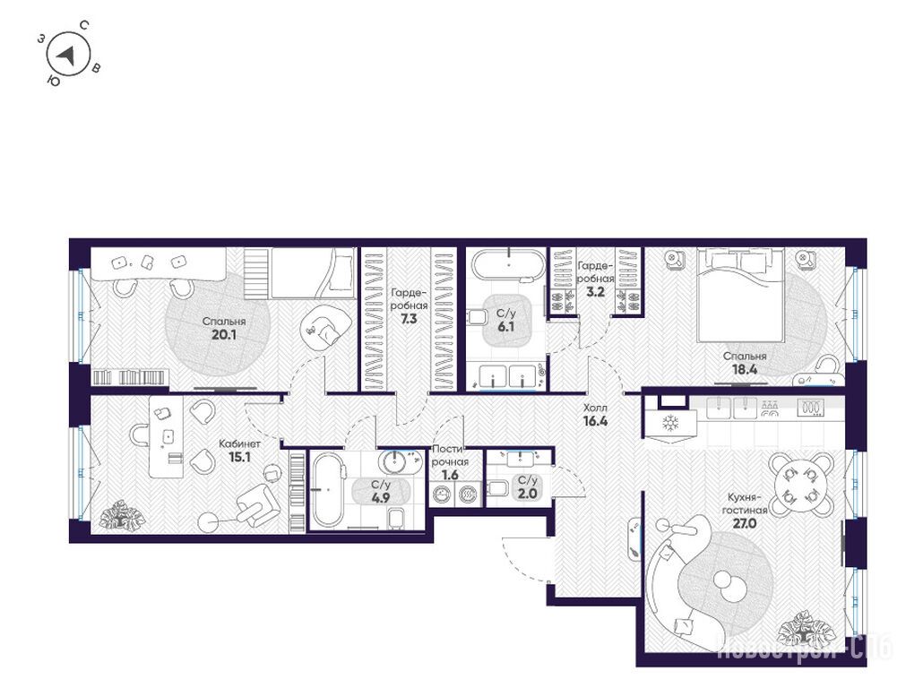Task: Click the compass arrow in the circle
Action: [67, 56]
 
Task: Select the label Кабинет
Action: [239, 443]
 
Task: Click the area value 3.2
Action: [595, 292]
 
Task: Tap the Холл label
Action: [595, 408]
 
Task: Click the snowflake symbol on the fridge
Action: [670, 423]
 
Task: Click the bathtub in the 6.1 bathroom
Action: [508, 265]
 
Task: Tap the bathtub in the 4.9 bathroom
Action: [328, 489]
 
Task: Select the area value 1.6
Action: [450, 476]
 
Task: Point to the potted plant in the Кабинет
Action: [121, 515]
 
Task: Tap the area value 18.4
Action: [745, 370]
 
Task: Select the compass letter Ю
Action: [53, 81]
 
